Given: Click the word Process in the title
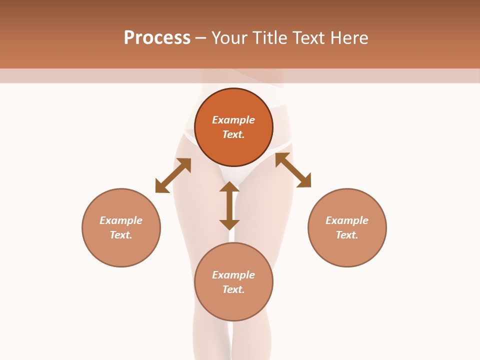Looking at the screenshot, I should pos(157,38).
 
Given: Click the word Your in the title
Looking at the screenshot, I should pos(228,38).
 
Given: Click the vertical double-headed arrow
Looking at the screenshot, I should pos(229,205).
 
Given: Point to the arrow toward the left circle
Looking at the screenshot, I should pos(173,175).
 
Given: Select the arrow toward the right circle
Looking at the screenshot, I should pos(293,170).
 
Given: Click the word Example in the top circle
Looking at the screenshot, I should pos(233,120).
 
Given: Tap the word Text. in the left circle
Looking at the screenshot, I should pos(121,235).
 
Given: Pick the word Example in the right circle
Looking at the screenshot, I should pos(347,220).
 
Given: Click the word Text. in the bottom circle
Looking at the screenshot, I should pos(233,289).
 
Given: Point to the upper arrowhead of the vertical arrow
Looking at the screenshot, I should pos(229,186).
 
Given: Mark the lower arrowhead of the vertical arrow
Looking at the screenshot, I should pos(229,224).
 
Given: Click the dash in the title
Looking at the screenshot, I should pos(201,38).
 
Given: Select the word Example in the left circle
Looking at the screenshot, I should pos(121,220).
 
